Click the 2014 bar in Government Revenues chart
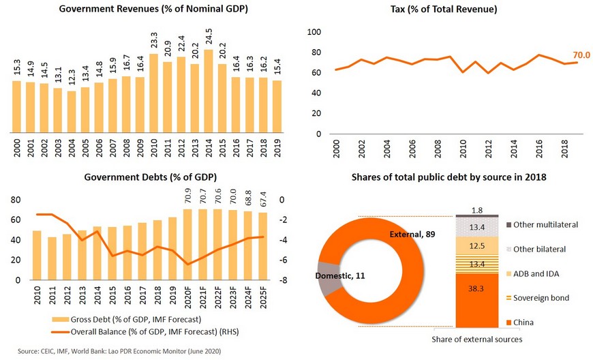coord(209,91)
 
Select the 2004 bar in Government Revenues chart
coord(72,112)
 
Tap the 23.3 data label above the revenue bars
coord(154,40)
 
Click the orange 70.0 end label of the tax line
coord(581,55)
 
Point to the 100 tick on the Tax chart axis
coord(314,32)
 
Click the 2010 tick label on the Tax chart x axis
coord(463,149)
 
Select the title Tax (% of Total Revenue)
coord(444,9)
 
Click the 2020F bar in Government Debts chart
coord(188,245)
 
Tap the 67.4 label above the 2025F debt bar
coord(263,199)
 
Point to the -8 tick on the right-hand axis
coord(284,280)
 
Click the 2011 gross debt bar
coord(52,258)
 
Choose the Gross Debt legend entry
coord(127,320)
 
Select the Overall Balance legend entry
coord(145,332)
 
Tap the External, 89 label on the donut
coord(412,235)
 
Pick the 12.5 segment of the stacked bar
coord(477,246)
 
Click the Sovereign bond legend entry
coord(538,298)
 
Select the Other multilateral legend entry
coord(543,224)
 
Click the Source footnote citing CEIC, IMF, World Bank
coord(119,351)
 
